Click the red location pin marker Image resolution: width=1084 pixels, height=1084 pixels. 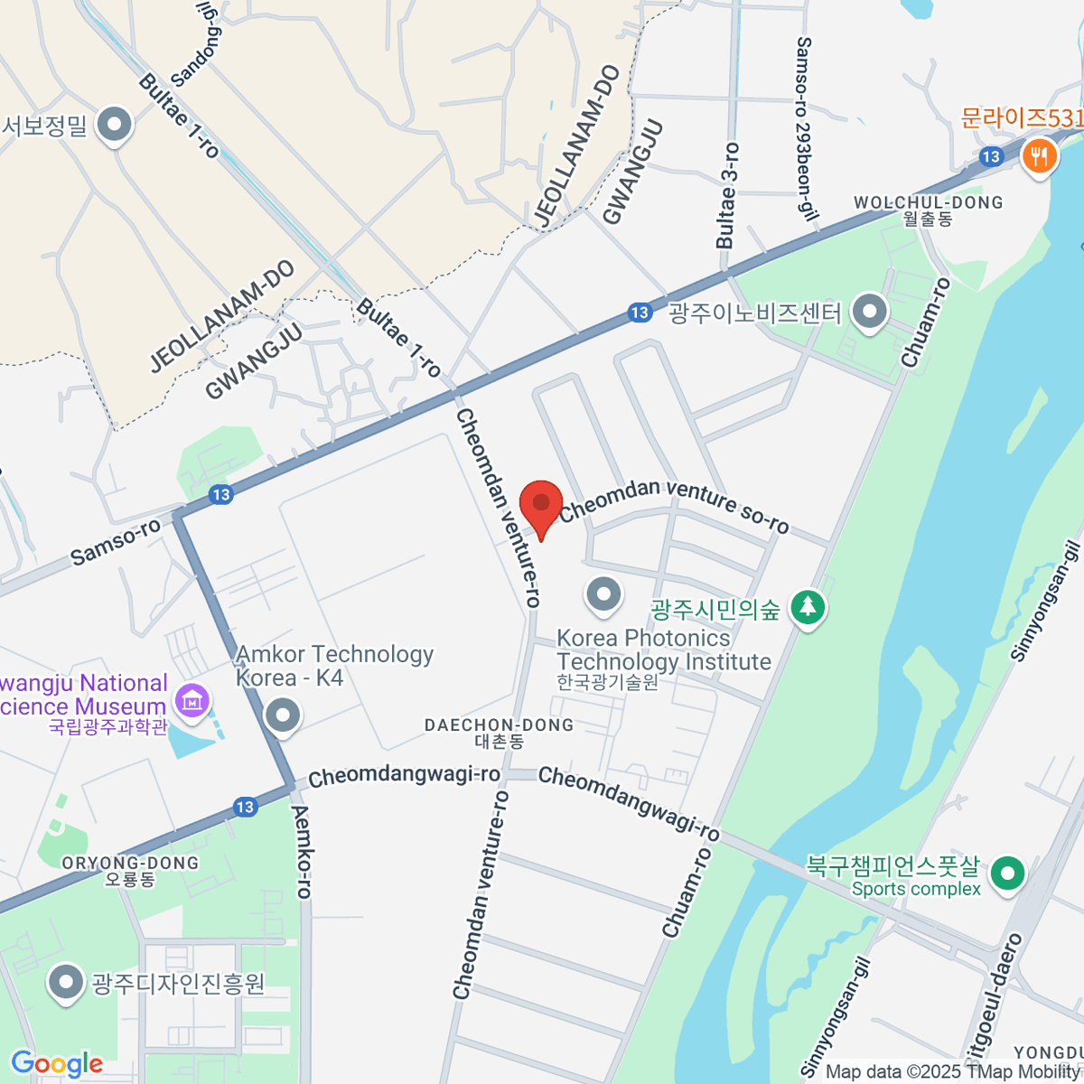541,505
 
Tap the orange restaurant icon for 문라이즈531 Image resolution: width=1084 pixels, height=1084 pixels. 1040,156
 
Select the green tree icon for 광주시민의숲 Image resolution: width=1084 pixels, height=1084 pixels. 808,607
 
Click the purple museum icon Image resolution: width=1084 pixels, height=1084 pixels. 192,700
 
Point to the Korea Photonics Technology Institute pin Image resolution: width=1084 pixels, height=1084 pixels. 603,594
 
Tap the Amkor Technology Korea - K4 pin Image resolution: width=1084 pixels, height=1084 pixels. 284,716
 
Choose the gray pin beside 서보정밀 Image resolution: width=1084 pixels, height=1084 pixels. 115,126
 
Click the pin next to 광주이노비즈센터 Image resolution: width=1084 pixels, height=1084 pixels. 870,313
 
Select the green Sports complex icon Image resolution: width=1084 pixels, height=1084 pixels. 1007,874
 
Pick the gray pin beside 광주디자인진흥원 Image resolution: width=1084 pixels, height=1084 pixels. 65,983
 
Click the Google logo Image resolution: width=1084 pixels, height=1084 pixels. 57,1064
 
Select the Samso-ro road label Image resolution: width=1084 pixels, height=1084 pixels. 116,542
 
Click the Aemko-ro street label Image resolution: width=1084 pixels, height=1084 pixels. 302,852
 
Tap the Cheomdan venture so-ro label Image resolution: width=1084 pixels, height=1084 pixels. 674,506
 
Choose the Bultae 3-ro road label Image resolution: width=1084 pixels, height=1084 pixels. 727,195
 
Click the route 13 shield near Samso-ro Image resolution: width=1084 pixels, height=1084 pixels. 221,494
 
